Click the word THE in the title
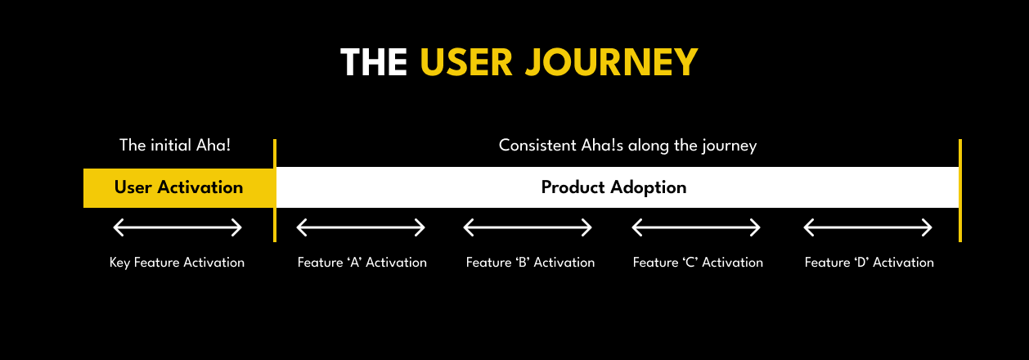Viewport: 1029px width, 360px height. coord(373,63)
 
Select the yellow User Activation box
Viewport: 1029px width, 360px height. coord(178,187)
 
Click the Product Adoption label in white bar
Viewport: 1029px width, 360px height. coord(613,187)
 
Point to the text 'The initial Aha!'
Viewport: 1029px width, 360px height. coord(175,146)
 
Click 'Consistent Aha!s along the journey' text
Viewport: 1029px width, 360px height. coord(627,146)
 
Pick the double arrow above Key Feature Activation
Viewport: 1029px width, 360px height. coord(177,227)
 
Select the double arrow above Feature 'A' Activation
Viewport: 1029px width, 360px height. coord(361,227)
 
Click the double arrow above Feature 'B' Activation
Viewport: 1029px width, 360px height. coord(528,227)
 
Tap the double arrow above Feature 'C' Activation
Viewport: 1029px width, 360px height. coord(696,227)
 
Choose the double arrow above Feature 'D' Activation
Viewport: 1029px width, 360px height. coord(868,227)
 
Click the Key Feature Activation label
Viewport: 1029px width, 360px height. coord(177,263)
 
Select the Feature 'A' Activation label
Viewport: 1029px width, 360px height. coord(362,263)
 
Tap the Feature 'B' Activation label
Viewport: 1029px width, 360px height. coord(530,263)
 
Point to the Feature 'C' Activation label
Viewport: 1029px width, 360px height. coord(698,263)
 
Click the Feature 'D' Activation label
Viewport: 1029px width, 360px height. coord(869,263)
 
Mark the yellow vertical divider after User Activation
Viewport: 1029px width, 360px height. coord(275,191)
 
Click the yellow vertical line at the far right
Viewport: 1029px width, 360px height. coord(959,191)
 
